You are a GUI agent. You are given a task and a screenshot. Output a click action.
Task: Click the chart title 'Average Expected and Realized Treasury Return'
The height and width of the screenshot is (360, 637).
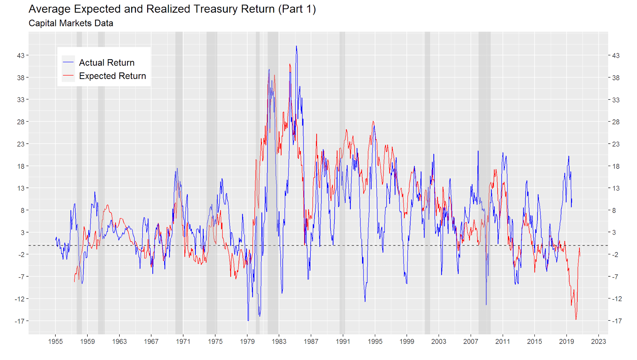coord(172,9)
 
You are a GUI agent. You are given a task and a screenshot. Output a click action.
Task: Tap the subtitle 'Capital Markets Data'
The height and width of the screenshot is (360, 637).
coord(71,23)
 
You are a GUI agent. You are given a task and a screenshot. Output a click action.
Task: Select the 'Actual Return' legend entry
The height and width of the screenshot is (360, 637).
coord(106,62)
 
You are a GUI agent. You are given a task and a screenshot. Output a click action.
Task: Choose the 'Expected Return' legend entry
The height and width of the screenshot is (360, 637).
coord(112,76)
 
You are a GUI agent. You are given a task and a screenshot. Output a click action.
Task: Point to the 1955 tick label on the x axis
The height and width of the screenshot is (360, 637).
coord(55,341)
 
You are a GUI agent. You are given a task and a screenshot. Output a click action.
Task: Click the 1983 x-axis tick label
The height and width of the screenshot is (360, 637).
coord(279,341)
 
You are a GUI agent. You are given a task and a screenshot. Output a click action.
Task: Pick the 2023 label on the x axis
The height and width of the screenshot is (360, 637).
coord(598,341)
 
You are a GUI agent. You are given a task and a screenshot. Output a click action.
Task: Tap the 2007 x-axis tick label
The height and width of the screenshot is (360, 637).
coord(471,341)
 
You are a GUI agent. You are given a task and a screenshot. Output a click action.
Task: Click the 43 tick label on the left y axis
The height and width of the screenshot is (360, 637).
coord(21,56)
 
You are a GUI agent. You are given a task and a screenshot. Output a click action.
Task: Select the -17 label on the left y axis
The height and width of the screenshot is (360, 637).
coord(19,321)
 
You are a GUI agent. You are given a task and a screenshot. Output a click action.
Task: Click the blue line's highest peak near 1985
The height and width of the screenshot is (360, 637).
coord(296,46)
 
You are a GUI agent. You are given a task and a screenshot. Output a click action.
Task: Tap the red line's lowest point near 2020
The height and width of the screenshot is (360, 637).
coord(576,319)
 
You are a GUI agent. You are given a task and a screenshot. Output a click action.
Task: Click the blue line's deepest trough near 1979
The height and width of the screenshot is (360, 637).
coord(248,320)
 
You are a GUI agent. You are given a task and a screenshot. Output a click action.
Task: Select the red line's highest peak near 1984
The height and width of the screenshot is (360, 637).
coord(290,64)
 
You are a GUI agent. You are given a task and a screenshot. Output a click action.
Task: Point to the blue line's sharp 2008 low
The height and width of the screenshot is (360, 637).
coord(486,305)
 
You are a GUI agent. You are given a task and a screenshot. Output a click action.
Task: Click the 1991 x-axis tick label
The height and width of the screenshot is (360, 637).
coord(343,341)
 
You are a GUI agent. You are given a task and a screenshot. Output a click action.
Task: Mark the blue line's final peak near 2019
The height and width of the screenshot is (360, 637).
coord(569,156)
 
